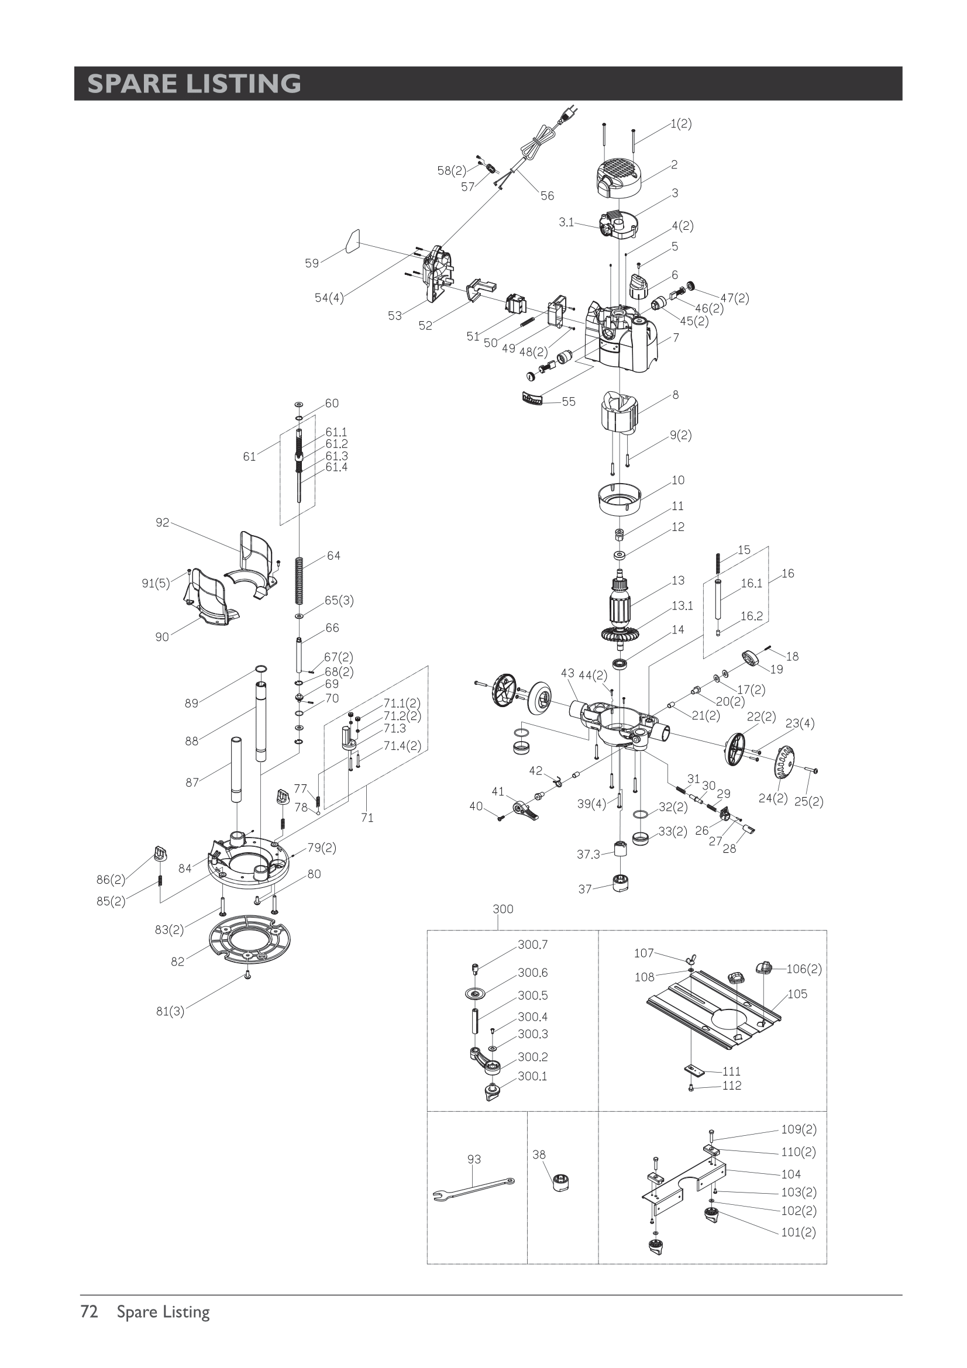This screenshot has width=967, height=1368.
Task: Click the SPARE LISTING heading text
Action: pyautogui.click(x=194, y=84)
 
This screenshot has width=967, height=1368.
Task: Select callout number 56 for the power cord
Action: pyautogui.click(x=547, y=195)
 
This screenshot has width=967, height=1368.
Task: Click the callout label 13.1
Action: pyautogui.click(x=682, y=606)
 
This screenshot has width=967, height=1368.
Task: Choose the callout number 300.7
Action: pyautogui.click(x=532, y=945)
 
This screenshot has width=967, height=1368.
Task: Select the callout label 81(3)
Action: pyautogui.click(x=170, y=1011)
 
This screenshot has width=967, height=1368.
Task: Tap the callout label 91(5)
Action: pyautogui.click(x=156, y=583)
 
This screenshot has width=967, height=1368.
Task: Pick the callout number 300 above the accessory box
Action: pyautogui.click(x=503, y=909)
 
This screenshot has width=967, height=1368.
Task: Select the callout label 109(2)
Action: pyautogui.click(x=799, y=1129)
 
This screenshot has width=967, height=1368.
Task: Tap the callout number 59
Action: pyautogui.click(x=312, y=263)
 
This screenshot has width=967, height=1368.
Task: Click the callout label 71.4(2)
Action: pyautogui.click(x=401, y=745)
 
